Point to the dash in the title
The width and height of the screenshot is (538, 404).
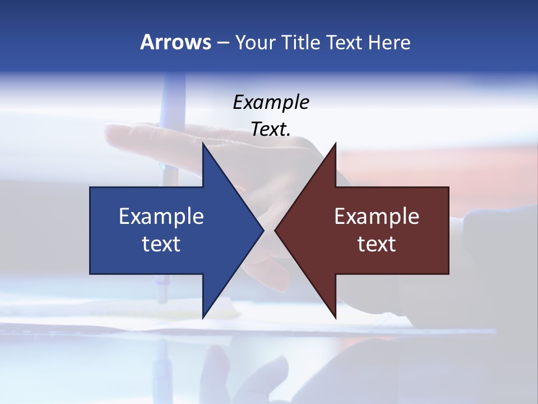(222, 43)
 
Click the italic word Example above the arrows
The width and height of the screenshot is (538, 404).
(271, 102)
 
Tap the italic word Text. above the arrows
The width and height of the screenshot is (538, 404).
(271, 129)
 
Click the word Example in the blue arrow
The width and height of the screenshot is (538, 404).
(161, 216)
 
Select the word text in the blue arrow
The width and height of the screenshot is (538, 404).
(161, 244)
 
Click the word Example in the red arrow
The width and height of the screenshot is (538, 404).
(377, 216)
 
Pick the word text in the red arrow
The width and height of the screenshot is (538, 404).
(377, 244)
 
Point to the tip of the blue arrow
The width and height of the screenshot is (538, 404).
(262, 230)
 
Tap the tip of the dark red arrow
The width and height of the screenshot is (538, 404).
(276, 230)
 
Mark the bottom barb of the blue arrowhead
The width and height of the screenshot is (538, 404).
(203, 316)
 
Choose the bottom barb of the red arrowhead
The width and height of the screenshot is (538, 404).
(335, 316)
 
